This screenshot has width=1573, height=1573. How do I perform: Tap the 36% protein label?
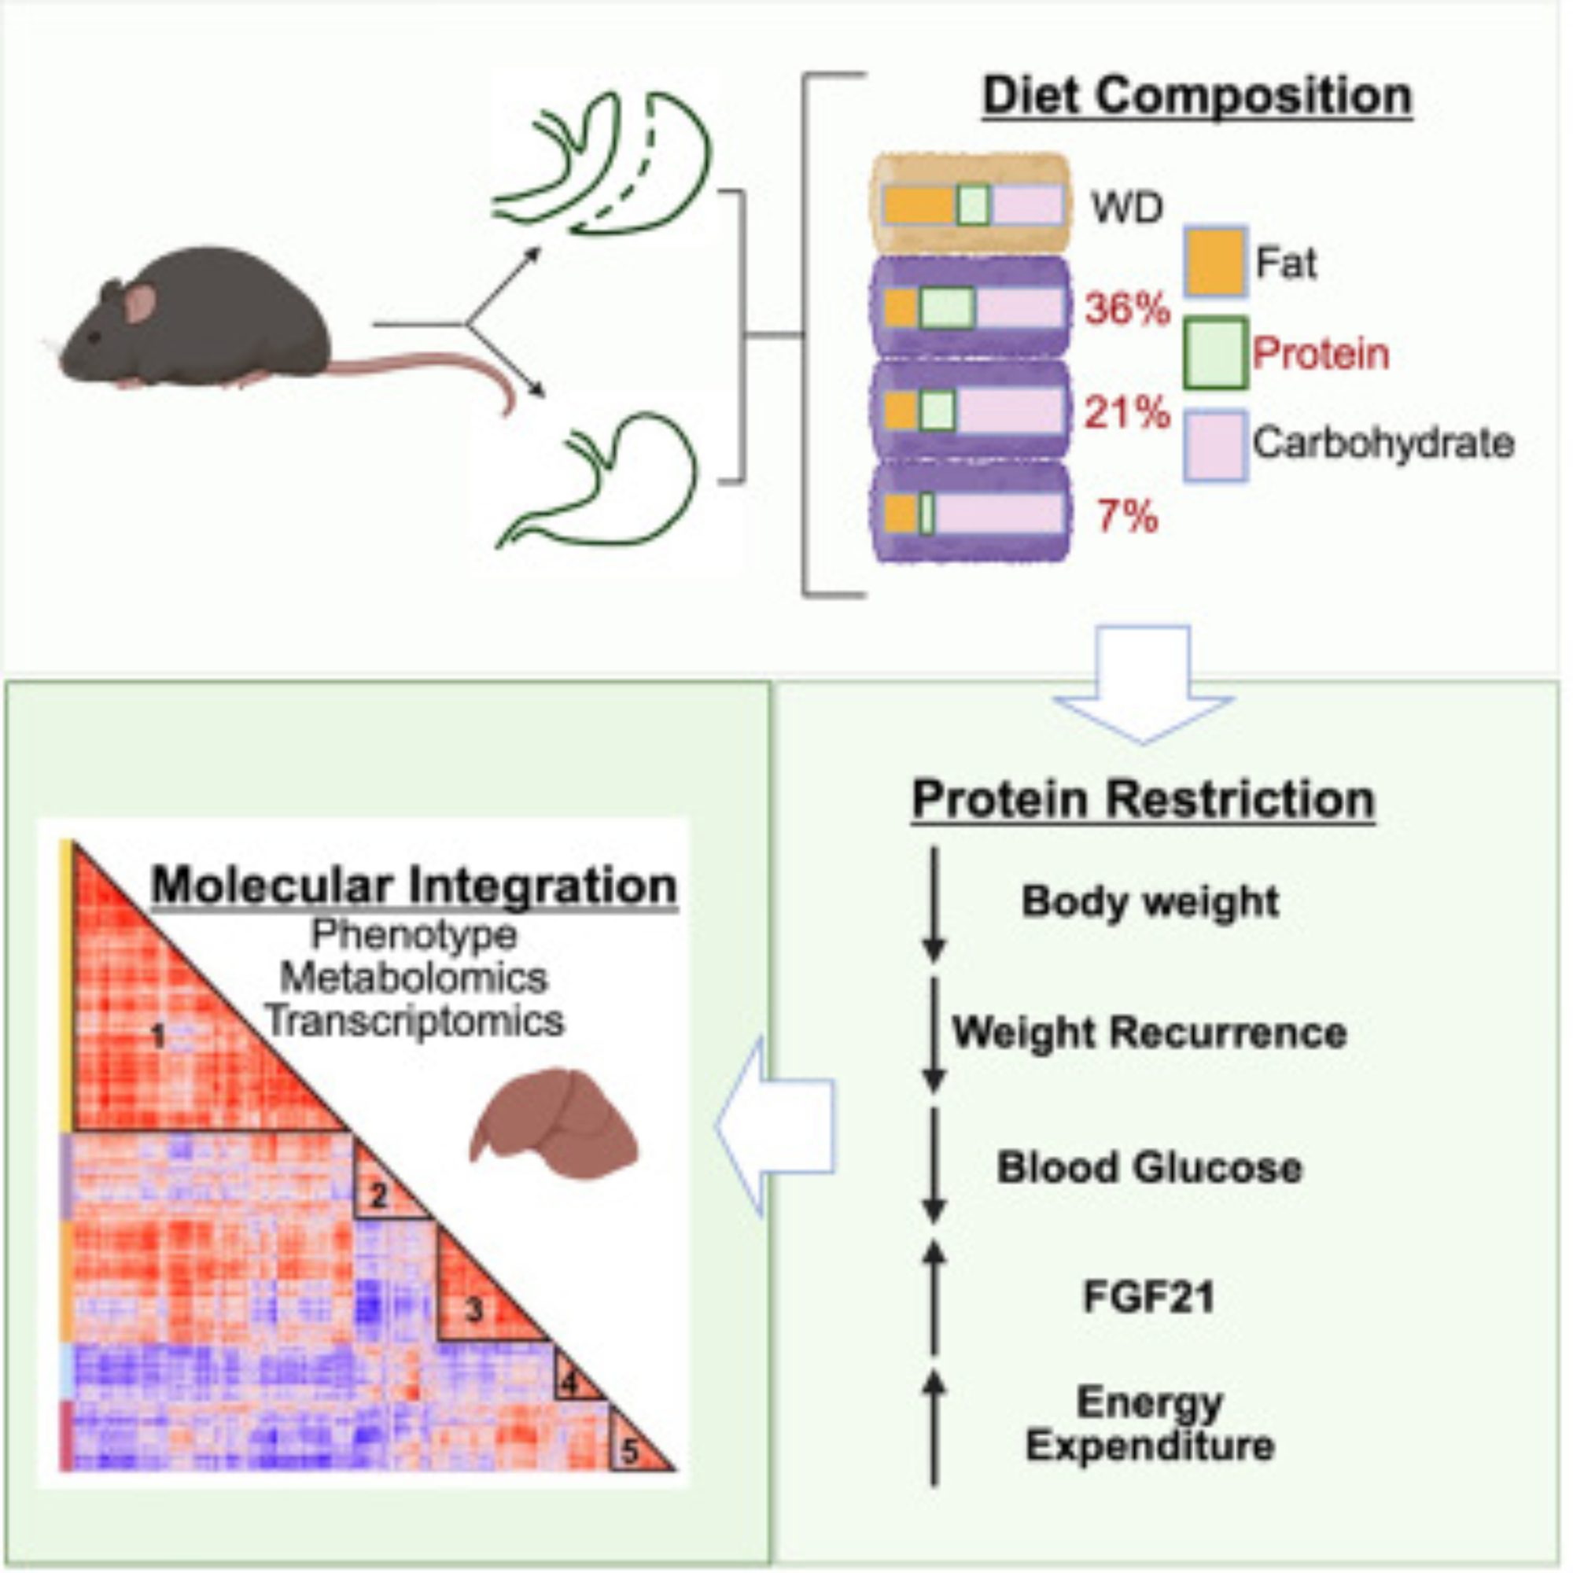point(1127,309)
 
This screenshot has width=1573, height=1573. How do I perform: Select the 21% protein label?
point(1127,414)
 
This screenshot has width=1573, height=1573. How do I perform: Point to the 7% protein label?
point(1127,517)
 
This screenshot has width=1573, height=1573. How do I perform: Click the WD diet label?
point(1127,208)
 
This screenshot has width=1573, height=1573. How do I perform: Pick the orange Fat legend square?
point(1215,261)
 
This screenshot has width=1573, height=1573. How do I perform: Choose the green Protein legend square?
point(1215,353)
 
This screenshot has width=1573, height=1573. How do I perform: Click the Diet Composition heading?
point(1197,96)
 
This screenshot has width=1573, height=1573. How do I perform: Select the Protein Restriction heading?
point(1143,800)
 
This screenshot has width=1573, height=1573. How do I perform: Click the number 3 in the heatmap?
point(473,1310)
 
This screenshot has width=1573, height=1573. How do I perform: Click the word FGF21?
point(1148,1296)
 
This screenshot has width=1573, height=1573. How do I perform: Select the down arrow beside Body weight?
point(934,904)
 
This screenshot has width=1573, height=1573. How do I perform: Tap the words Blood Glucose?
point(1149,1166)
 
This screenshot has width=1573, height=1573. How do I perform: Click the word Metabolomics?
point(414,978)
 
